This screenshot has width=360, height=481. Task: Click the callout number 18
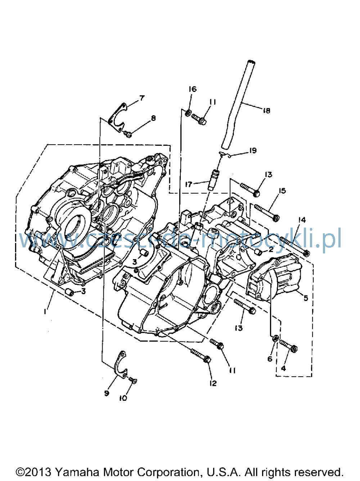tap(266, 111)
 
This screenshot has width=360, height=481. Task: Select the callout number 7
tap(142, 98)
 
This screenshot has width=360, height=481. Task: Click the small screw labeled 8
tap(127, 134)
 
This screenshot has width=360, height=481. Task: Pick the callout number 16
tap(193, 89)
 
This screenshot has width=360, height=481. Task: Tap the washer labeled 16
tap(188, 113)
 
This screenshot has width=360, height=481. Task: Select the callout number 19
tap(253, 150)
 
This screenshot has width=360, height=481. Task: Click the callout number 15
tap(282, 191)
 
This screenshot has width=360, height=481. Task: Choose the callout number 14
tap(302, 220)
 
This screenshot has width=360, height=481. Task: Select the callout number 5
tap(306, 298)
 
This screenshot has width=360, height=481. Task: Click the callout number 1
tap(45, 311)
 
